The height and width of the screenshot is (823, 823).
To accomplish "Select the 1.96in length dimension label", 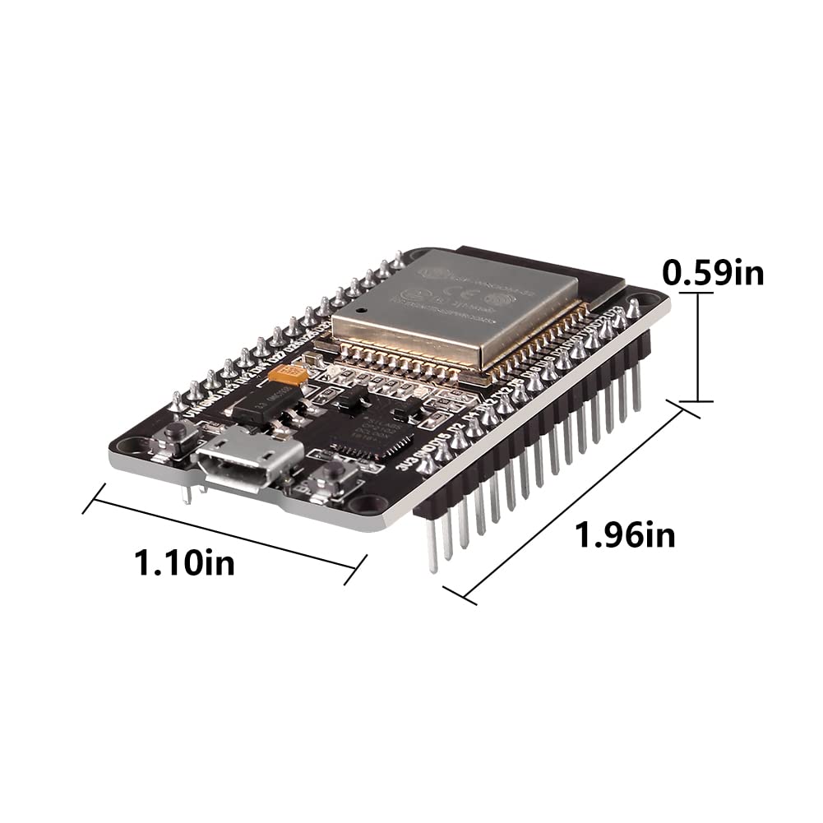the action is click(625, 535).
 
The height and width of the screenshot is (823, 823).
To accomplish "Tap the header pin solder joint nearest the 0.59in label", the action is click(633, 310).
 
